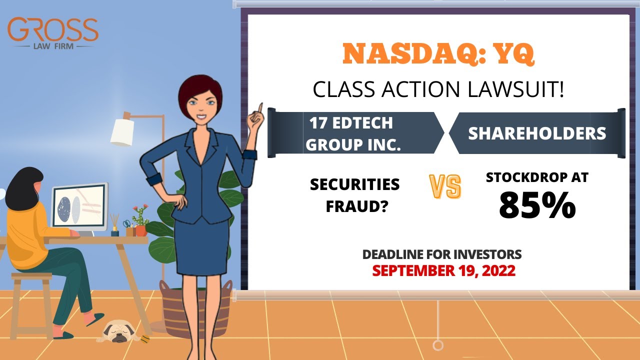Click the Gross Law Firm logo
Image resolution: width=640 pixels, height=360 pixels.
(x=53, y=33)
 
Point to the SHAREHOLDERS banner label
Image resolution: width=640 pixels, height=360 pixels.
(x=536, y=133)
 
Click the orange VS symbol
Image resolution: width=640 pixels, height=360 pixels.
(x=445, y=187)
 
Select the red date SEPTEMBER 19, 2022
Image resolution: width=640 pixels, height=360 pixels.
(x=444, y=270)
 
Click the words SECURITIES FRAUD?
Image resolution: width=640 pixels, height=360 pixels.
(x=355, y=195)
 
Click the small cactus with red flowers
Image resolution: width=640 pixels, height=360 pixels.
(x=140, y=220)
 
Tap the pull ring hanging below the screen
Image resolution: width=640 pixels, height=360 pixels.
(x=438, y=345)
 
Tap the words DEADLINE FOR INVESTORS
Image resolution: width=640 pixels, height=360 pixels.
(x=442, y=254)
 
